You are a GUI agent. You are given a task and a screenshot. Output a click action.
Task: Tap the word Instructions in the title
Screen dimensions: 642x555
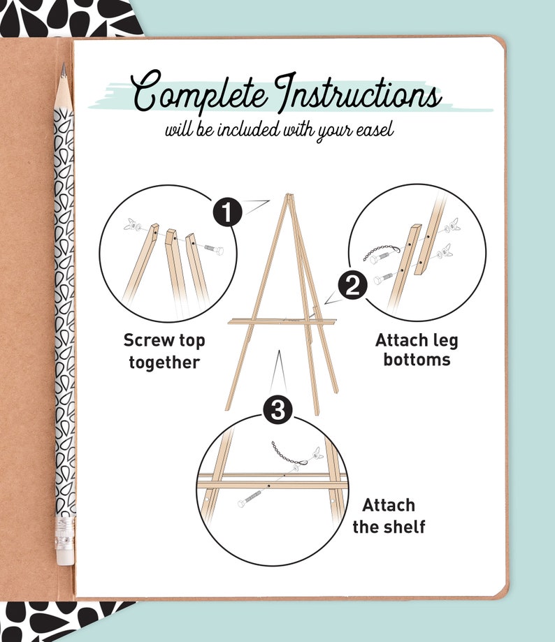point(357,94)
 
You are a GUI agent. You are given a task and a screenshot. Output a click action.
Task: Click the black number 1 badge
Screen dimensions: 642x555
point(228,211)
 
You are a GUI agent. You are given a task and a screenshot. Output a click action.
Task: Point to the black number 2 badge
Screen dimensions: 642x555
point(352,286)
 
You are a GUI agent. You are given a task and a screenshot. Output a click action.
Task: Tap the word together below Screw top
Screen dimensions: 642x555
point(164,362)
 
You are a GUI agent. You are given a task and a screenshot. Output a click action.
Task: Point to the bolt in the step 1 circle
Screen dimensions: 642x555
point(212,249)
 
